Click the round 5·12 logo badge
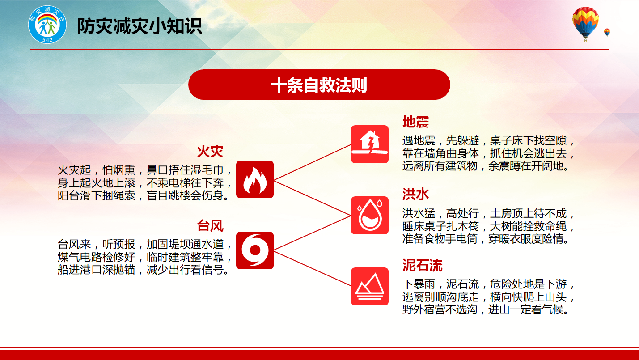(47, 25)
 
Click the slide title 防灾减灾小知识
(140, 26)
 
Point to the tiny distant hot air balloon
(607, 32)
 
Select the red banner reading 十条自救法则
(319, 85)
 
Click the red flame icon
(255, 179)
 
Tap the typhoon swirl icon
(255, 250)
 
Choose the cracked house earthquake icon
(370, 144)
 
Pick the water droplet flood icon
(370, 216)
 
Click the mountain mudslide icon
(370, 286)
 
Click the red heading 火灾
(210, 151)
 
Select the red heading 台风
(210, 226)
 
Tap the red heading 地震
(415, 122)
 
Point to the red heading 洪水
(415, 194)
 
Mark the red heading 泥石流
(422, 265)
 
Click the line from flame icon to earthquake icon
(313, 162)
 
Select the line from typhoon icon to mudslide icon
(313, 268)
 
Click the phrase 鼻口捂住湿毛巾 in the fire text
(185, 170)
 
